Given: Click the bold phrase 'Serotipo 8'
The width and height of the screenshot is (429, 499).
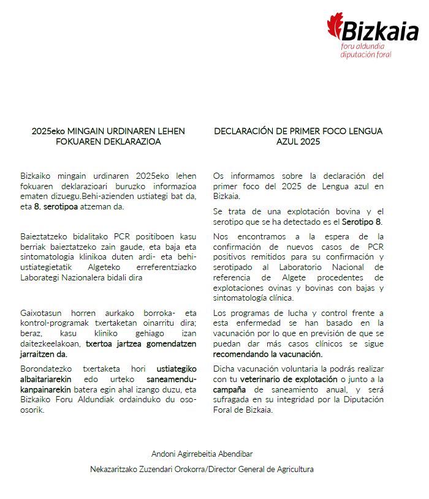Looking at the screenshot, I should (x=364, y=221).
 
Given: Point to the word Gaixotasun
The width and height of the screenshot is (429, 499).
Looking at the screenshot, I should (x=41, y=313).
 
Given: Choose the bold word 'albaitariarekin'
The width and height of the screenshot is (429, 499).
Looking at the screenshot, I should (x=48, y=379).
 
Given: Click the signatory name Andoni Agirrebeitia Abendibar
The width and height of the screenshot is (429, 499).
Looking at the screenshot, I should (x=202, y=454).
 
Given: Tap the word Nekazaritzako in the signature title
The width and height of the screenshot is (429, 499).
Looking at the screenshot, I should (x=115, y=469).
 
